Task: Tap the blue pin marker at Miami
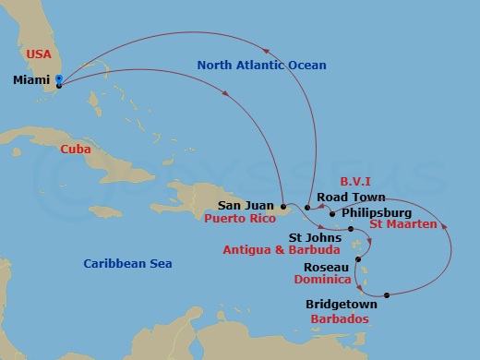click(58, 80)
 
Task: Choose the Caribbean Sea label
click(127, 263)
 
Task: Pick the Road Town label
click(344, 197)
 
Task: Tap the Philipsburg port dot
click(331, 212)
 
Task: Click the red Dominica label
click(324, 279)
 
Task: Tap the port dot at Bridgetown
click(387, 295)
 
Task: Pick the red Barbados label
click(341, 318)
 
